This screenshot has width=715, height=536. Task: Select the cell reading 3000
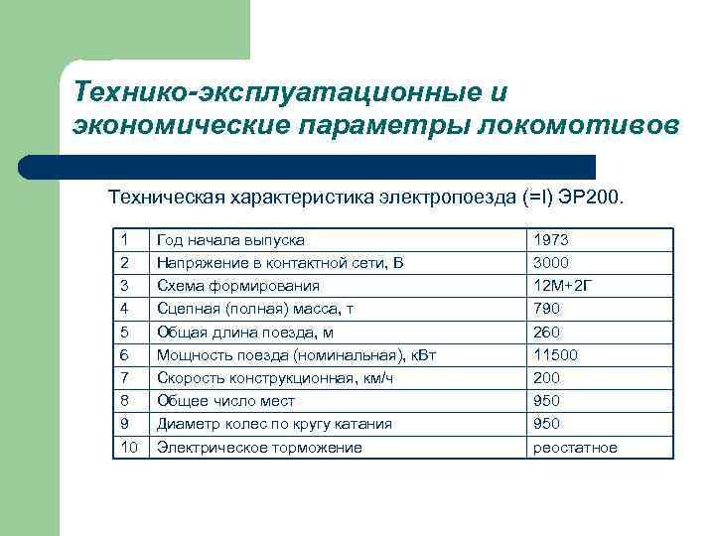[x=551, y=263]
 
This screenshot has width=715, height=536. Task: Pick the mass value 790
[x=547, y=309]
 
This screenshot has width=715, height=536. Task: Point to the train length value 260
[x=547, y=333]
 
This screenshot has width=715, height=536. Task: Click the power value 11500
[x=555, y=355]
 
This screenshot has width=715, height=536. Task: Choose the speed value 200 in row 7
[x=547, y=378]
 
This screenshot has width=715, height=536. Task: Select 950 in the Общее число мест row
[x=547, y=401]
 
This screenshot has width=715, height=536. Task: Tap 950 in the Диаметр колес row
[x=547, y=424]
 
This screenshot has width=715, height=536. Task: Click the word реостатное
[x=575, y=448]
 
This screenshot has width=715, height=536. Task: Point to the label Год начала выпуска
[x=230, y=240]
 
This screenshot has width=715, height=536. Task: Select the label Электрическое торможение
[x=259, y=448]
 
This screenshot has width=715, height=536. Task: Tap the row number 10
[x=127, y=448]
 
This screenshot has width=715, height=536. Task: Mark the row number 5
[x=123, y=333]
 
